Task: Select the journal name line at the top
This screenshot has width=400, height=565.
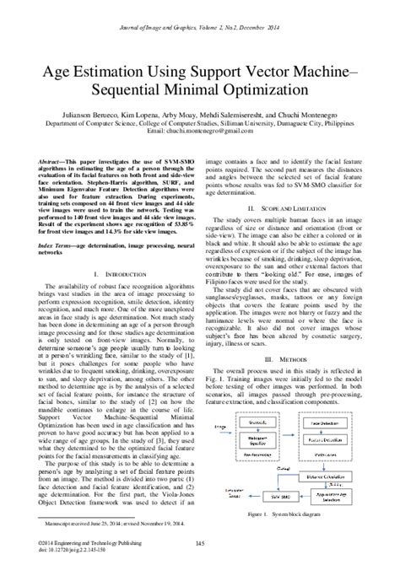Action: coord(200,11)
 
